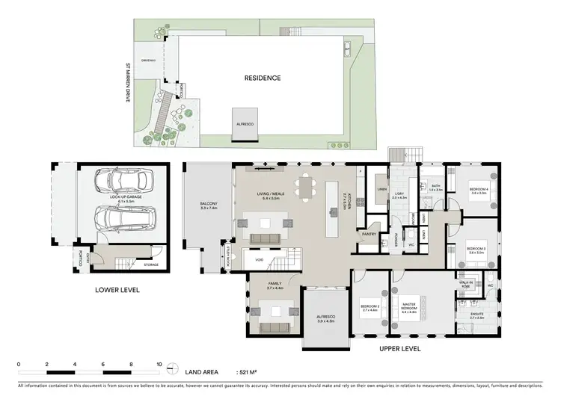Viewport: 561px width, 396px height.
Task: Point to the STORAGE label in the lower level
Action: (x=151, y=264)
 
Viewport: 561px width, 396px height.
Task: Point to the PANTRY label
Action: (x=368, y=234)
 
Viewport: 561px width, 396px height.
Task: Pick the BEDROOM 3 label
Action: (x=476, y=249)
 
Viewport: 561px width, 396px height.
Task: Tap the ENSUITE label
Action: (x=476, y=316)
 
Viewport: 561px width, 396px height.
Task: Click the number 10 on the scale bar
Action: (x=159, y=364)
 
